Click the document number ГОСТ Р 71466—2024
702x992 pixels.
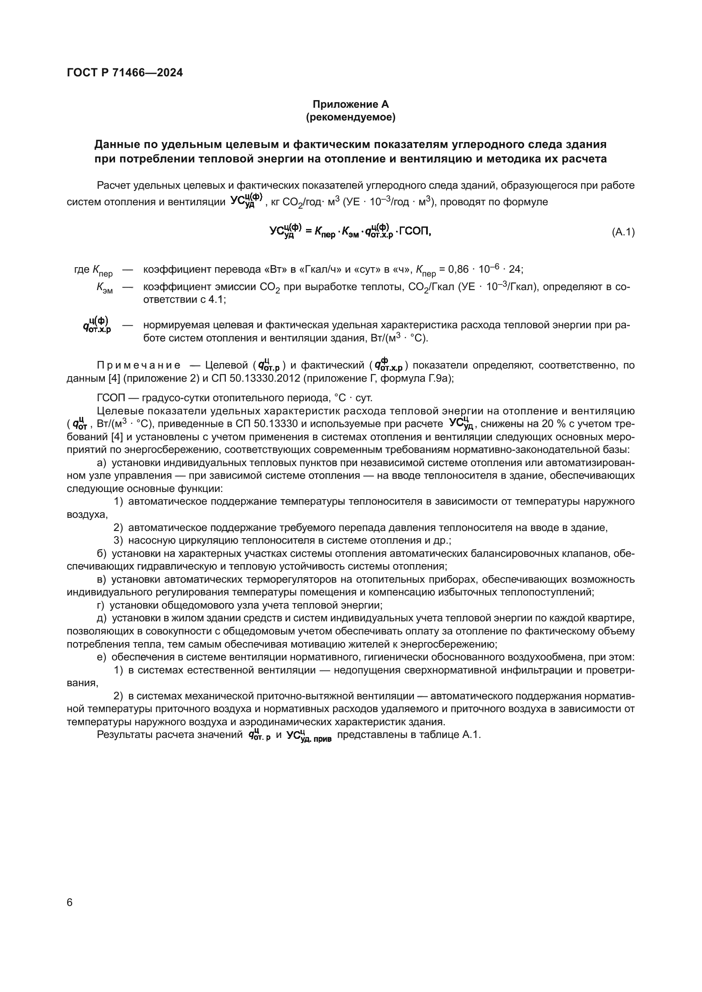(125, 73)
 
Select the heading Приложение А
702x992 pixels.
(351, 104)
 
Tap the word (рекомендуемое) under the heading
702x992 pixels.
(351, 117)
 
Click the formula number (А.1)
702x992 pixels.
(623, 232)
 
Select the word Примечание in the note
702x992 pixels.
(139, 366)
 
